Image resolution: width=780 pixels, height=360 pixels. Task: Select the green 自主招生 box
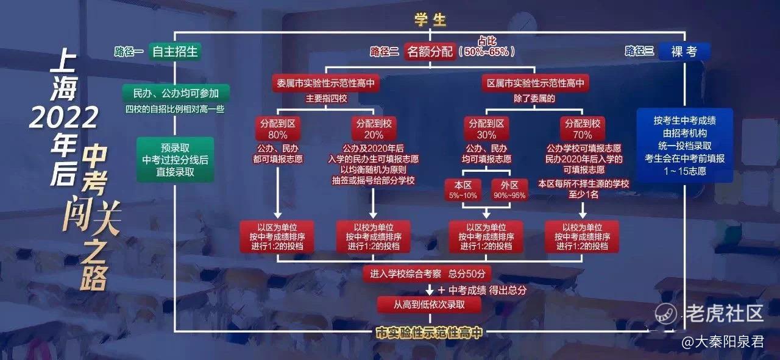click(175, 52)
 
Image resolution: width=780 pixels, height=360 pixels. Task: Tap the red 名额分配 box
click(430, 52)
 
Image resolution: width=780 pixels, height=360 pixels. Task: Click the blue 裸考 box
click(684, 52)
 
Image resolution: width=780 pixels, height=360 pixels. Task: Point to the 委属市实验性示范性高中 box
click(325, 83)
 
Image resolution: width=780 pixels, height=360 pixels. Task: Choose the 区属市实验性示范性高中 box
click(535, 83)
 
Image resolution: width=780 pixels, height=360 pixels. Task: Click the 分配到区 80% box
click(277, 129)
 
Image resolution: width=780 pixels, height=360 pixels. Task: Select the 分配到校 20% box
click(374, 129)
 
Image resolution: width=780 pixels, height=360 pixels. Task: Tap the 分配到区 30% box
click(486, 129)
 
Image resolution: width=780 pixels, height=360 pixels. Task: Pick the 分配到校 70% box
click(583, 129)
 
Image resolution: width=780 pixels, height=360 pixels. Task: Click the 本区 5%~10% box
click(463, 190)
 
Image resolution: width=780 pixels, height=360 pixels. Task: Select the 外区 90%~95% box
click(509, 190)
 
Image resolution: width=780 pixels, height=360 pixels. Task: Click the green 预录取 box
click(175, 160)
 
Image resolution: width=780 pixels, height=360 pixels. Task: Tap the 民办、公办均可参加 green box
click(176, 93)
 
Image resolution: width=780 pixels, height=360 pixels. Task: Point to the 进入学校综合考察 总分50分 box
click(427, 274)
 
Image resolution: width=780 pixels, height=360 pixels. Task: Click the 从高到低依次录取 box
click(430, 305)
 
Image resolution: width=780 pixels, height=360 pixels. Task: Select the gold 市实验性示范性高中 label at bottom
click(430, 333)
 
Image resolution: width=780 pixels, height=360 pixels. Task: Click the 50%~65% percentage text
click(486, 52)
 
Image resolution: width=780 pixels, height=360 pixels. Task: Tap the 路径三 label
click(639, 51)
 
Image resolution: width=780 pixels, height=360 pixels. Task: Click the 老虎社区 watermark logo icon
click(665, 313)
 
